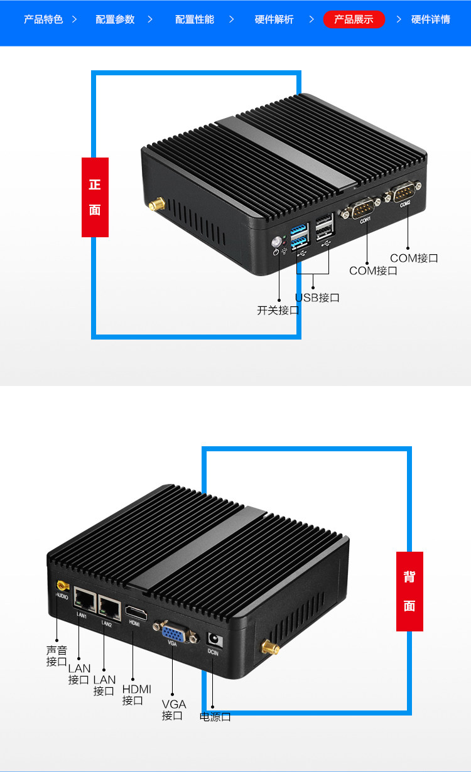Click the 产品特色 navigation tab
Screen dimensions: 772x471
click(x=43, y=19)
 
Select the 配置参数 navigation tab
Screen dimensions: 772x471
click(x=115, y=19)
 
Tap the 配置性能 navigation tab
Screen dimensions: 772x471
click(x=194, y=19)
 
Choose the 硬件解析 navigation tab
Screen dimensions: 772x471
click(x=274, y=19)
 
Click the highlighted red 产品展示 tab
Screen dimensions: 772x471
click(x=354, y=19)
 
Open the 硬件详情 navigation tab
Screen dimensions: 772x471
click(x=430, y=19)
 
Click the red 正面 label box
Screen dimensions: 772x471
click(x=95, y=197)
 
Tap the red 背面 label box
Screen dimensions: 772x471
click(x=409, y=591)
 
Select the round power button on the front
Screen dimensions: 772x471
click(x=276, y=241)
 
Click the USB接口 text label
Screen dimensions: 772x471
click(x=317, y=298)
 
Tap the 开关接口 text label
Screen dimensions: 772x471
click(x=278, y=310)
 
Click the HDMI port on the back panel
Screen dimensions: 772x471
click(x=136, y=612)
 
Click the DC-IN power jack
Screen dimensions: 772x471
click(x=214, y=640)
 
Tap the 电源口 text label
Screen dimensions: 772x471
click(x=215, y=717)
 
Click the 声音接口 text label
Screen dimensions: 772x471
click(x=57, y=656)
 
